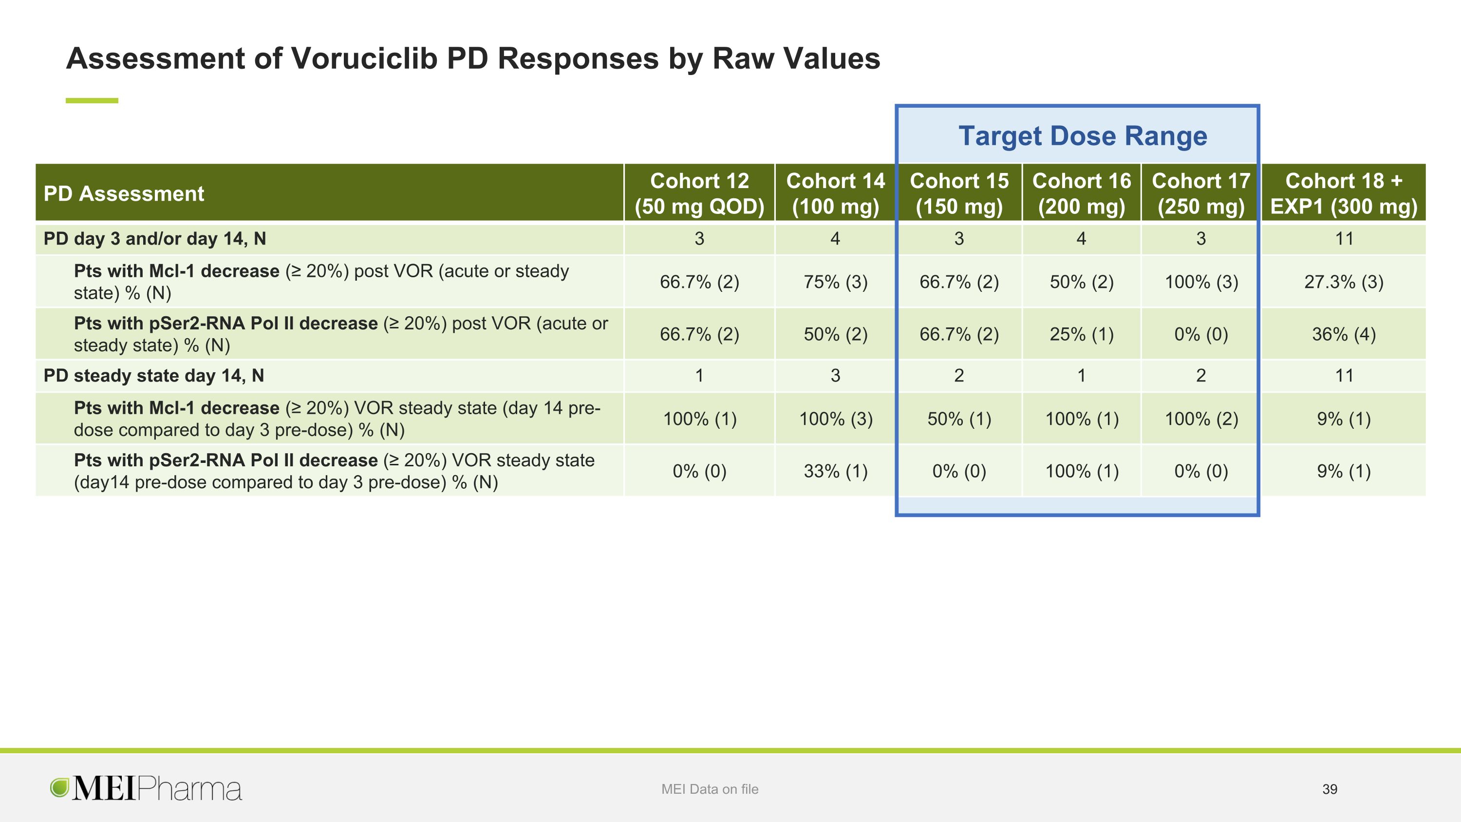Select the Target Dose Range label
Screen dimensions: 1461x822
[x=1083, y=136]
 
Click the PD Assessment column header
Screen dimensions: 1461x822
[x=124, y=193]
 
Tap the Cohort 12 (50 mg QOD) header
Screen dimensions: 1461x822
[x=699, y=193]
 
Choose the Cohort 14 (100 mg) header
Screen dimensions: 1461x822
[x=835, y=193]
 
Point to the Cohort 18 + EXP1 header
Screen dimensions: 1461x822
[x=1344, y=193]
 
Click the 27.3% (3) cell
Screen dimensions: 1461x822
[x=1344, y=282]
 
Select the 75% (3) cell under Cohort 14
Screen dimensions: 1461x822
[x=835, y=282]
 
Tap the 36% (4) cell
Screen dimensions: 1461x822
[x=1344, y=334]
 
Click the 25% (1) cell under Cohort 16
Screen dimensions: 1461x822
[x=1082, y=334]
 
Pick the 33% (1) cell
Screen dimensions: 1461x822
[x=835, y=471]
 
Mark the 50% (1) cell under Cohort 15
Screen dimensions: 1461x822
[x=959, y=419]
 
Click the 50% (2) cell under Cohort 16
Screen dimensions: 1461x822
[x=1082, y=282]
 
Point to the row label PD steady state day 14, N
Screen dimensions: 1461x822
[x=154, y=376]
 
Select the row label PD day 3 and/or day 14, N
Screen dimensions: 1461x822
[x=155, y=239]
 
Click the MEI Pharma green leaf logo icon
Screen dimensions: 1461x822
[x=59, y=787]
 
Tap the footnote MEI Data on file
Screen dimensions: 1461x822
[x=710, y=789]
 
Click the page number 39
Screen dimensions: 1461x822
[x=1330, y=789]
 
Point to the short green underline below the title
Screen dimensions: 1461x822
[x=92, y=100]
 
